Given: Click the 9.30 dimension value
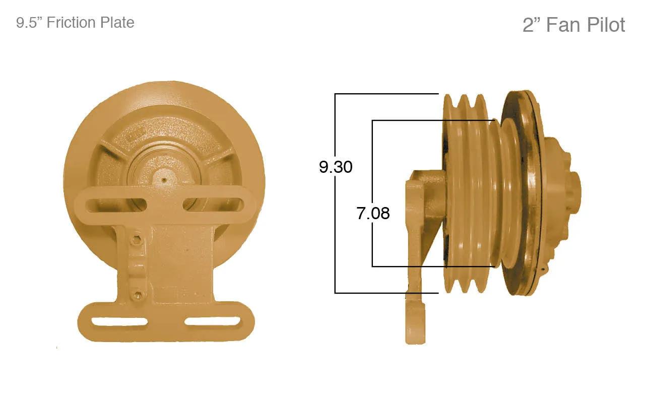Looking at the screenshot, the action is coord(336,167).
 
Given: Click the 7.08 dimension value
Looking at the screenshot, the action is coord(373,213).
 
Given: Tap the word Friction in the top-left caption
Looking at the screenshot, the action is coord(71,23).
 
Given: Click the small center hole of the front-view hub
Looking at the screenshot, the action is coord(164,180).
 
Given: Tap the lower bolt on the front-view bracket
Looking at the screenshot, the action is coord(138,294).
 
